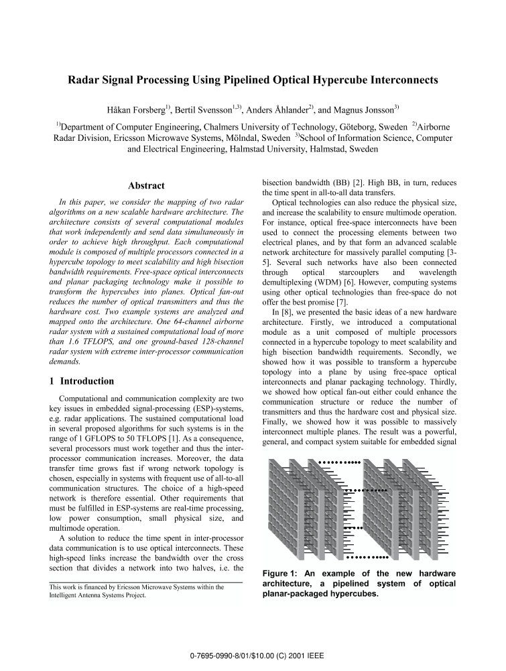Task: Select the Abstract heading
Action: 146,186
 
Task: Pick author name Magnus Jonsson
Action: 361,109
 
